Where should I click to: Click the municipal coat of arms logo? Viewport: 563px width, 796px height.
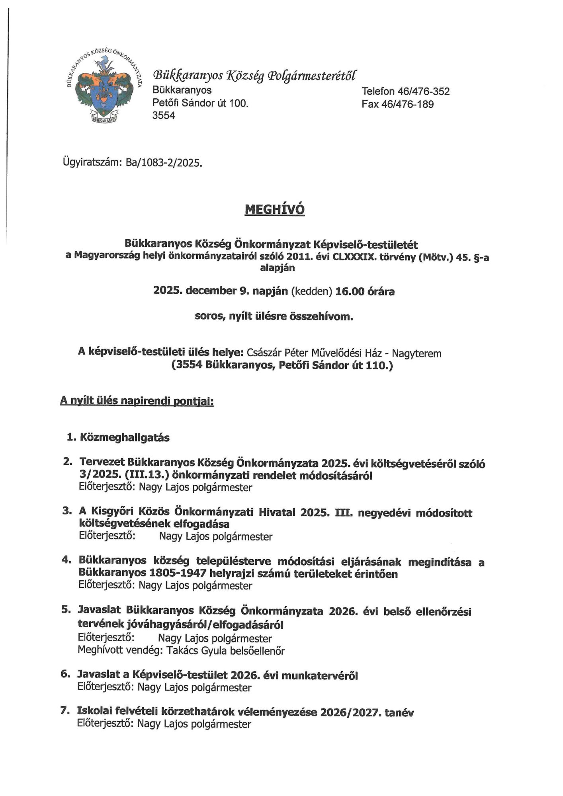tap(104, 87)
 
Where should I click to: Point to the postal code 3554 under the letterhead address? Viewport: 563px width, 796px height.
tap(164, 116)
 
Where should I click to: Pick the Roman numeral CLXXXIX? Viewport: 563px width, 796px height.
tap(354, 257)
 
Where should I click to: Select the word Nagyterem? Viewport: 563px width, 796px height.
tap(418, 353)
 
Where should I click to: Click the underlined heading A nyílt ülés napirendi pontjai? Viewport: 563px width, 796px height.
tap(137, 401)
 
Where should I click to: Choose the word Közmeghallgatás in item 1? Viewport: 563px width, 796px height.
tap(125, 438)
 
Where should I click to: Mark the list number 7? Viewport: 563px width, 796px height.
tap(65, 710)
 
